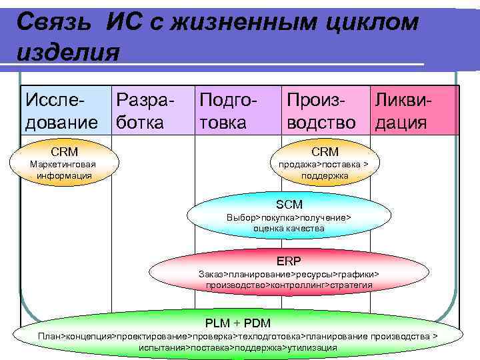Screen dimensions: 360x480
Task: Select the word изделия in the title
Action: coord(67,51)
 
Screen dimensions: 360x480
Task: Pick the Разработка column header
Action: coord(144,111)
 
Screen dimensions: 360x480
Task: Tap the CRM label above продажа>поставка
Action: coord(325,152)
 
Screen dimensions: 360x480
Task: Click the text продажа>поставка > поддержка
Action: coord(325,170)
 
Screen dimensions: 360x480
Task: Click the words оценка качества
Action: coord(289,228)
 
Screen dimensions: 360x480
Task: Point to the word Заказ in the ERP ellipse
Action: coord(210,274)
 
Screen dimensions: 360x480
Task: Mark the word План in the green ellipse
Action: coord(50,337)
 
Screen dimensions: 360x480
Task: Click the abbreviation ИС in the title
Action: coord(123,23)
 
